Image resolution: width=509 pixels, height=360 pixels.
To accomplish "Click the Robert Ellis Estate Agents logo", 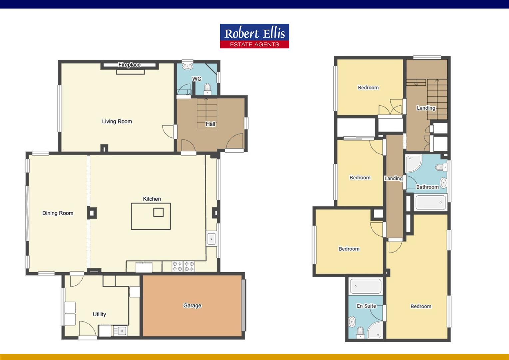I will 254,36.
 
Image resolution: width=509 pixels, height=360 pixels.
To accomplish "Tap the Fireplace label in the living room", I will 129,65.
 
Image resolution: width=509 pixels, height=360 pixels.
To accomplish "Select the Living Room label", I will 117,121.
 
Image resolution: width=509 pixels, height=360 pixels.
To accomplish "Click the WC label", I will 197,79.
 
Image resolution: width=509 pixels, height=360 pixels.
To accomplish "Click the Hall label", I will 210,124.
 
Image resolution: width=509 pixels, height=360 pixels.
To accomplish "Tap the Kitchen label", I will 152,199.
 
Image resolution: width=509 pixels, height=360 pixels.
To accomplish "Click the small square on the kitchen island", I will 158,212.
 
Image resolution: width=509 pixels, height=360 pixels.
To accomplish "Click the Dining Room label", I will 58,213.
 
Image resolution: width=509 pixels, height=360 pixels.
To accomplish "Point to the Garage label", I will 192,305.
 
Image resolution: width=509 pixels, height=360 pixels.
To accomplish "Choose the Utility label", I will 99,314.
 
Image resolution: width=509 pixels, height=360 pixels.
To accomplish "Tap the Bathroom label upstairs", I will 427,187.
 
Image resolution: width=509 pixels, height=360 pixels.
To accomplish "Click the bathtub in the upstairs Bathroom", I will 430,202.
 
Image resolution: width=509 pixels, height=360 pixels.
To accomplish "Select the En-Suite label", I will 366,306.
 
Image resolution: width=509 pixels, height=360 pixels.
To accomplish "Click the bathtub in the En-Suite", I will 365,286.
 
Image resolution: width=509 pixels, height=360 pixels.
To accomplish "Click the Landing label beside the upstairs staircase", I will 426,108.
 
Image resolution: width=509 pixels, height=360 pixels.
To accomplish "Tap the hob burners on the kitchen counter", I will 183,266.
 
